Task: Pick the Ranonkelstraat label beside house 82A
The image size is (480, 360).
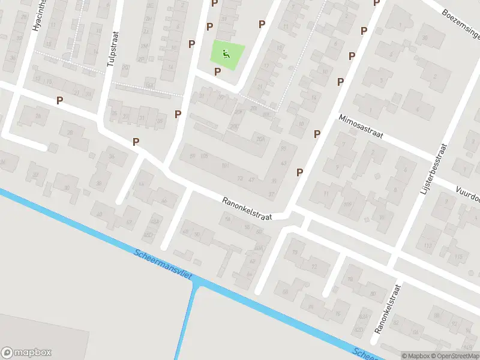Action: [386, 308]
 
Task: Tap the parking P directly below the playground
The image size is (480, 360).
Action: [218, 71]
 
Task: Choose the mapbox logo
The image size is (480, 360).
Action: [26, 353]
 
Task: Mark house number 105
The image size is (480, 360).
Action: [204, 157]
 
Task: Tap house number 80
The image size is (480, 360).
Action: [373, 294]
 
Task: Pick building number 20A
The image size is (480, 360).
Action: [260, 139]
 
